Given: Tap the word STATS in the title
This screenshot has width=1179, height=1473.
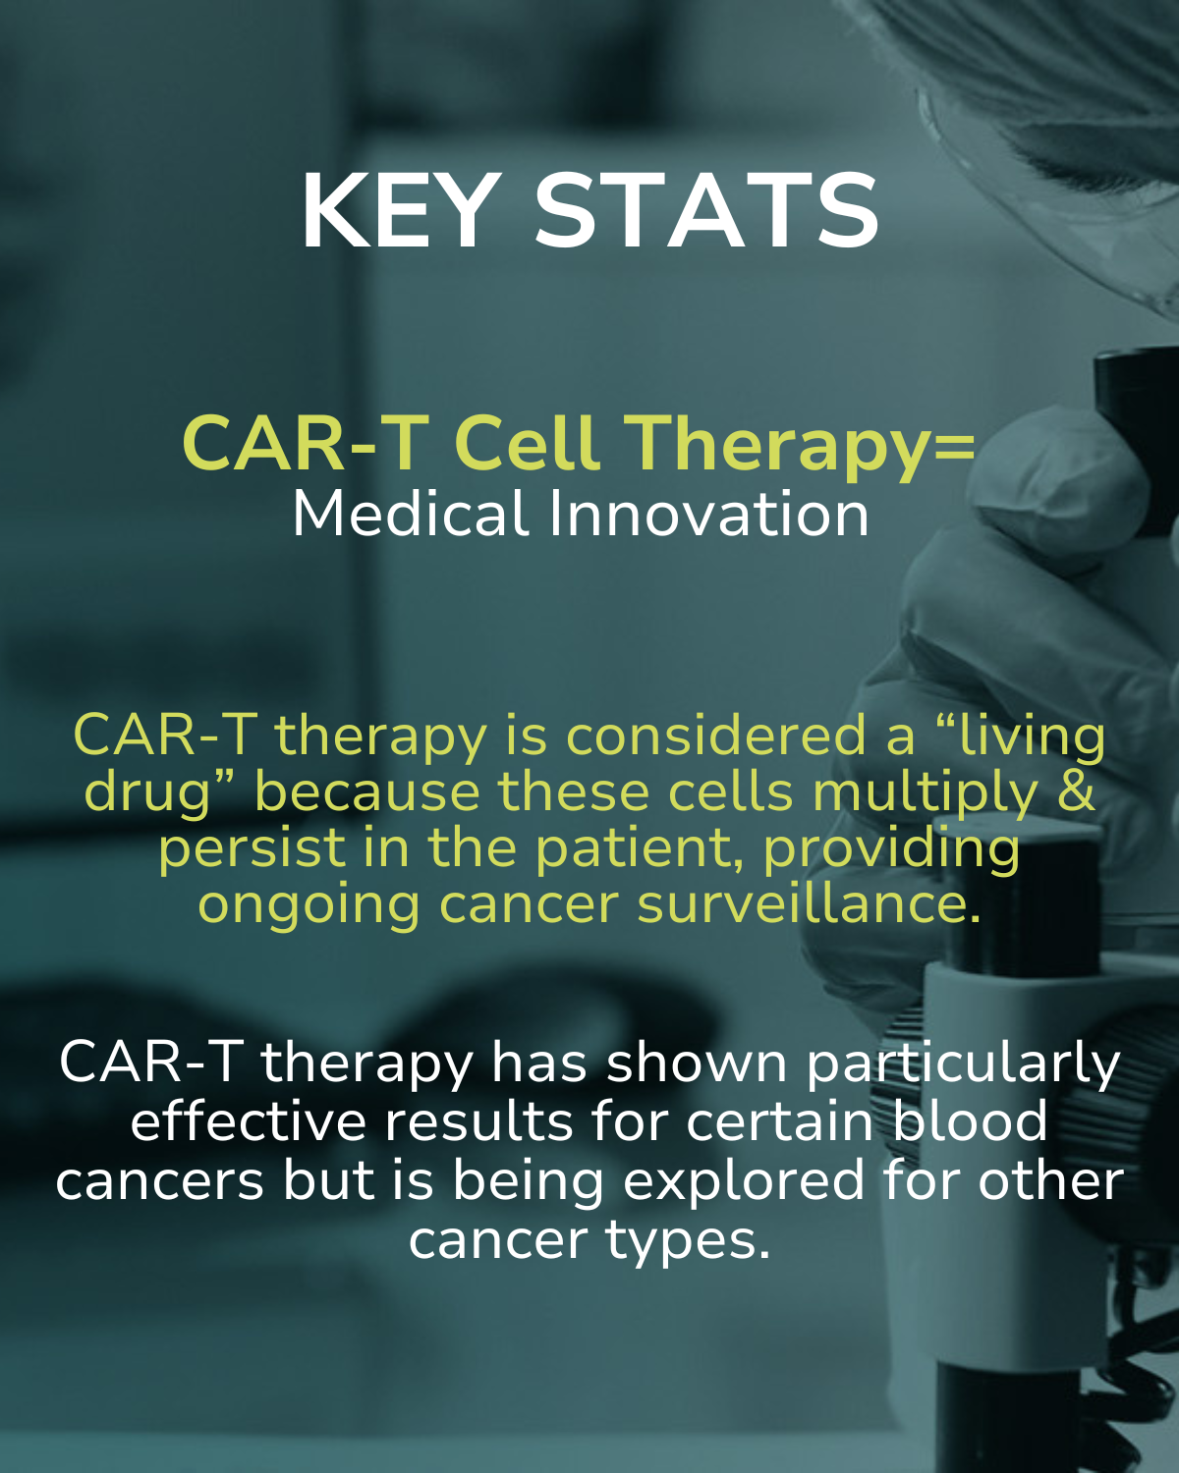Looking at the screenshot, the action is (x=706, y=211).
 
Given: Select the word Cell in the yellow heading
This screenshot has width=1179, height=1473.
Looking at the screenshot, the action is (x=528, y=443).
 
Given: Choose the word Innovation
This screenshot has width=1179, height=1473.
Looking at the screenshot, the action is (x=709, y=514).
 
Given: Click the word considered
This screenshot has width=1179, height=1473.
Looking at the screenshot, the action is (x=716, y=736).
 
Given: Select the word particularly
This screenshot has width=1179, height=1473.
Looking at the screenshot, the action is (x=963, y=1067).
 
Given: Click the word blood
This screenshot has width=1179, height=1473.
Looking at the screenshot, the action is (x=970, y=1121).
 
